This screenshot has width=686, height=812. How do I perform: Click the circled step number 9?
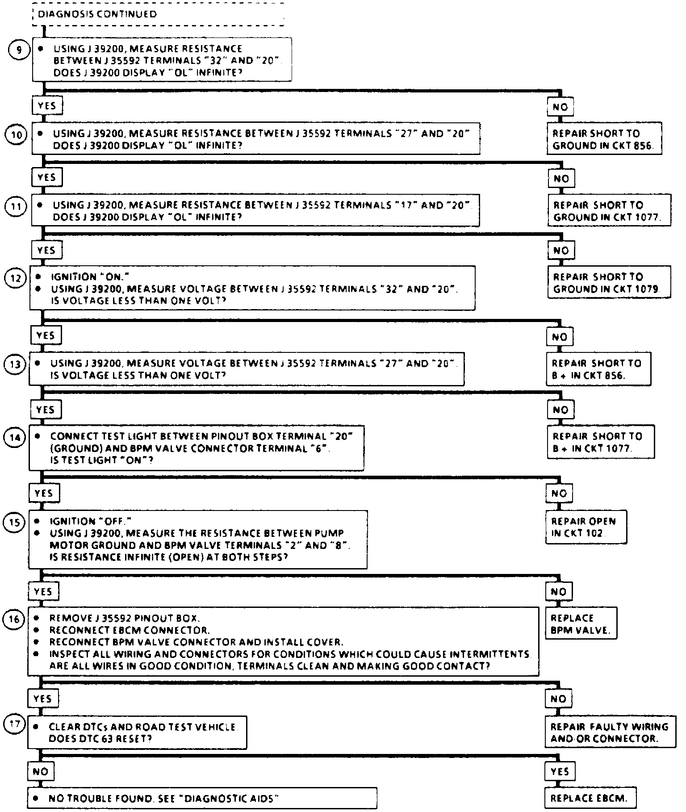(19, 50)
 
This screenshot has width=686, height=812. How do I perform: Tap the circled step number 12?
(15, 278)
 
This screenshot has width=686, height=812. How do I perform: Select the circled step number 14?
(15, 437)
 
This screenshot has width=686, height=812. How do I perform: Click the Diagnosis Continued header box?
(158, 14)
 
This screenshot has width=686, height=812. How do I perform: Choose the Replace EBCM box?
(590, 798)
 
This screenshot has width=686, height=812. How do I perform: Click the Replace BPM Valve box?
(581, 624)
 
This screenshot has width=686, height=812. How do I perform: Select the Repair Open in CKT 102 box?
(586, 527)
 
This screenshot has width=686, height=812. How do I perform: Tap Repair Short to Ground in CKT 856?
(604, 139)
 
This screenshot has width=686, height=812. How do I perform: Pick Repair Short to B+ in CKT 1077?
(600, 442)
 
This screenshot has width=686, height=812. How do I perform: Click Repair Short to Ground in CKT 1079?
(609, 283)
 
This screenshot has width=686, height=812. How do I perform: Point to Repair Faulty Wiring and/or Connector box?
(610, 732)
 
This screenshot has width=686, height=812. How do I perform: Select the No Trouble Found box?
(202, 798)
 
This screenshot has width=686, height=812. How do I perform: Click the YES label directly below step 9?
(47, 106)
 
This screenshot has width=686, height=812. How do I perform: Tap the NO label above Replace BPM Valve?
(558, 592)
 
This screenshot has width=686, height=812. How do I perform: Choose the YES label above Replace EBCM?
(560, 771)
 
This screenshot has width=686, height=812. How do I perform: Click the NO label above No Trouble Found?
(41, 771)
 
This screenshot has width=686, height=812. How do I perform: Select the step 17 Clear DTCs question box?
(137, 732)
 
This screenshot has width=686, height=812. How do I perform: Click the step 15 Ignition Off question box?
(198, 539)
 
